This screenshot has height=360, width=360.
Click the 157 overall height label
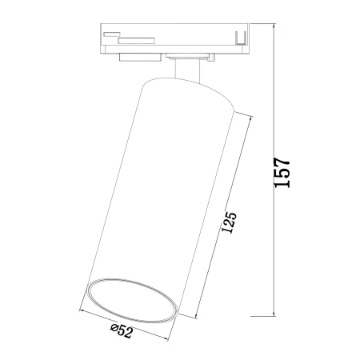pos(282,173)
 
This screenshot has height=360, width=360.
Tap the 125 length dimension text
pos(229,222)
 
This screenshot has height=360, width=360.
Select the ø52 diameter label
pos(122,331)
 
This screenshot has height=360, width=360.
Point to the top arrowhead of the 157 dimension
pos(274,26)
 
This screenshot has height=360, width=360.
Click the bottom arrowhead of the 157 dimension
pos(274,314)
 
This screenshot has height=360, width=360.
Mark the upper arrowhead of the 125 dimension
pos(250,119)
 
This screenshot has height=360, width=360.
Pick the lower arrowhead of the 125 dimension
pos(197,314)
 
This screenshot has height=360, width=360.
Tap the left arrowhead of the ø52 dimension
pos(83,311)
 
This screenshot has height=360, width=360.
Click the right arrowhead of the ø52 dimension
pos(165,338)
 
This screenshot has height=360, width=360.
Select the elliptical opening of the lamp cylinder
pos(133,300)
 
